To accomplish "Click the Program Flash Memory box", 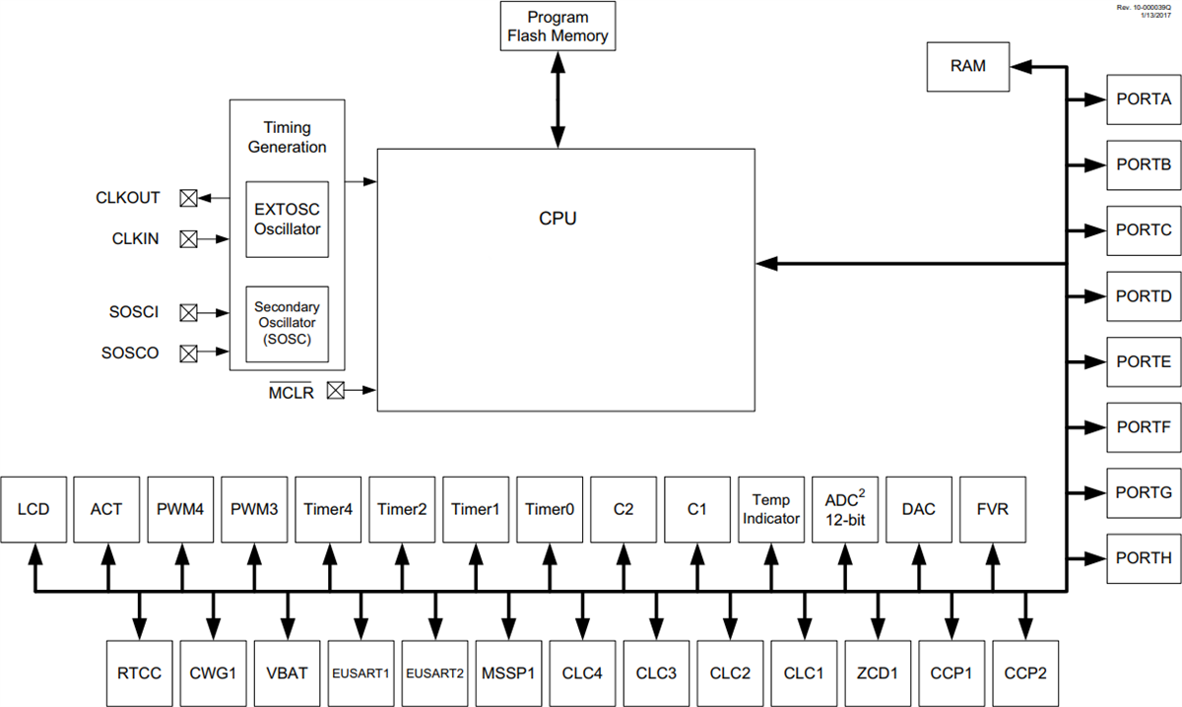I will tap(558, 27).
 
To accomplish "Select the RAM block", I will tap(967, 67).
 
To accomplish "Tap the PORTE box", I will tap(1144, 361).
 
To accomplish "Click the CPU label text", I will tap(558, 219).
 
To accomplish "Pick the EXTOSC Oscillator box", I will tap(288, 219).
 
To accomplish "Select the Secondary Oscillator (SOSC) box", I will tap(288, 324).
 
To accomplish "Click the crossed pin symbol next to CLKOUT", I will tap(188, 198).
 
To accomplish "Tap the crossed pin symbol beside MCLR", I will tap(336, 390).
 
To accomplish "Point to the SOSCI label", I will tap(134, 312).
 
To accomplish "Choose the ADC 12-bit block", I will tap(845, 509).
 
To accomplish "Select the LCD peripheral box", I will tap(33, 509).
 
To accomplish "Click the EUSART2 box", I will tap(434, 674).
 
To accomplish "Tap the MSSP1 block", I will tap(508, 674).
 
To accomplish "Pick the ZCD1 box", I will tap(878, 674).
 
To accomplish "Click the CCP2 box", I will tap(1025, 674).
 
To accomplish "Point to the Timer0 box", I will tap(550, 509).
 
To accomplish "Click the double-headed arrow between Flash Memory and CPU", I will tap(558, 99).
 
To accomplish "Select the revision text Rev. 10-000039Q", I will tap(1144, 6).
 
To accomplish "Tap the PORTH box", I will tap(1144, 557).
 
